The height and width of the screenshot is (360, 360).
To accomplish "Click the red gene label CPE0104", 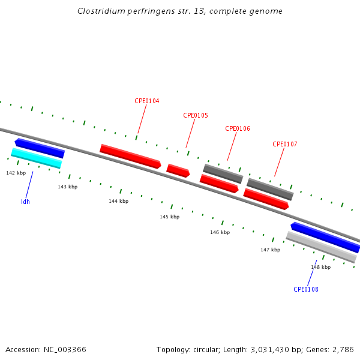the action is tap(146, 101).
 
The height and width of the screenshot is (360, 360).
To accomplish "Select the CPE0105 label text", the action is tap(196, 115).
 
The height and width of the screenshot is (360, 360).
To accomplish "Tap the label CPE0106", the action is tap(238, 128).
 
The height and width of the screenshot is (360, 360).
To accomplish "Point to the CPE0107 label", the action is tap(285, 144).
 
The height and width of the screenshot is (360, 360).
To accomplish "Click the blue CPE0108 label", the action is tap(306, 289).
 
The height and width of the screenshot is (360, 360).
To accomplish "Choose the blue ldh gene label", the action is tap(25, 202).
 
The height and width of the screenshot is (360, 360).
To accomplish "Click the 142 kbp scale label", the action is tap(16, 173).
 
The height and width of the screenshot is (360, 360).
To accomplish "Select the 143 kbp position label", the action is tap(68, 187).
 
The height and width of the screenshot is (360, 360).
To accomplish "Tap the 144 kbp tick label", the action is tap(118, 201).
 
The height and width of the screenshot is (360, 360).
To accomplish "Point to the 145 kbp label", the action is tap(169, 217).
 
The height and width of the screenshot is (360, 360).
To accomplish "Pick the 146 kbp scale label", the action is tap(220, 232).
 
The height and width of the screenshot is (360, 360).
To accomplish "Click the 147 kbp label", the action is tap(270, 249).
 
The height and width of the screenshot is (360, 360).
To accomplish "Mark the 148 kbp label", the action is tap(320, 267).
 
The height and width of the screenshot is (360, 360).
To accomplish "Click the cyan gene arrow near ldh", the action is tap(36, 158).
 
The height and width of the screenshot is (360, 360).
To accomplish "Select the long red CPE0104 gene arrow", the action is tap(130, 156).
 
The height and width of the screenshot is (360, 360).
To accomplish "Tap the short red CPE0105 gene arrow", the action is tap(178, 170).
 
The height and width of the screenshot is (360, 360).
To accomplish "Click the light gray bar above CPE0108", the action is tap(321, 247).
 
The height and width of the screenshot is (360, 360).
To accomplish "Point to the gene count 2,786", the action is tap(343, 349).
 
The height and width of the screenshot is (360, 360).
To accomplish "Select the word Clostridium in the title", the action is tap(97, 11).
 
